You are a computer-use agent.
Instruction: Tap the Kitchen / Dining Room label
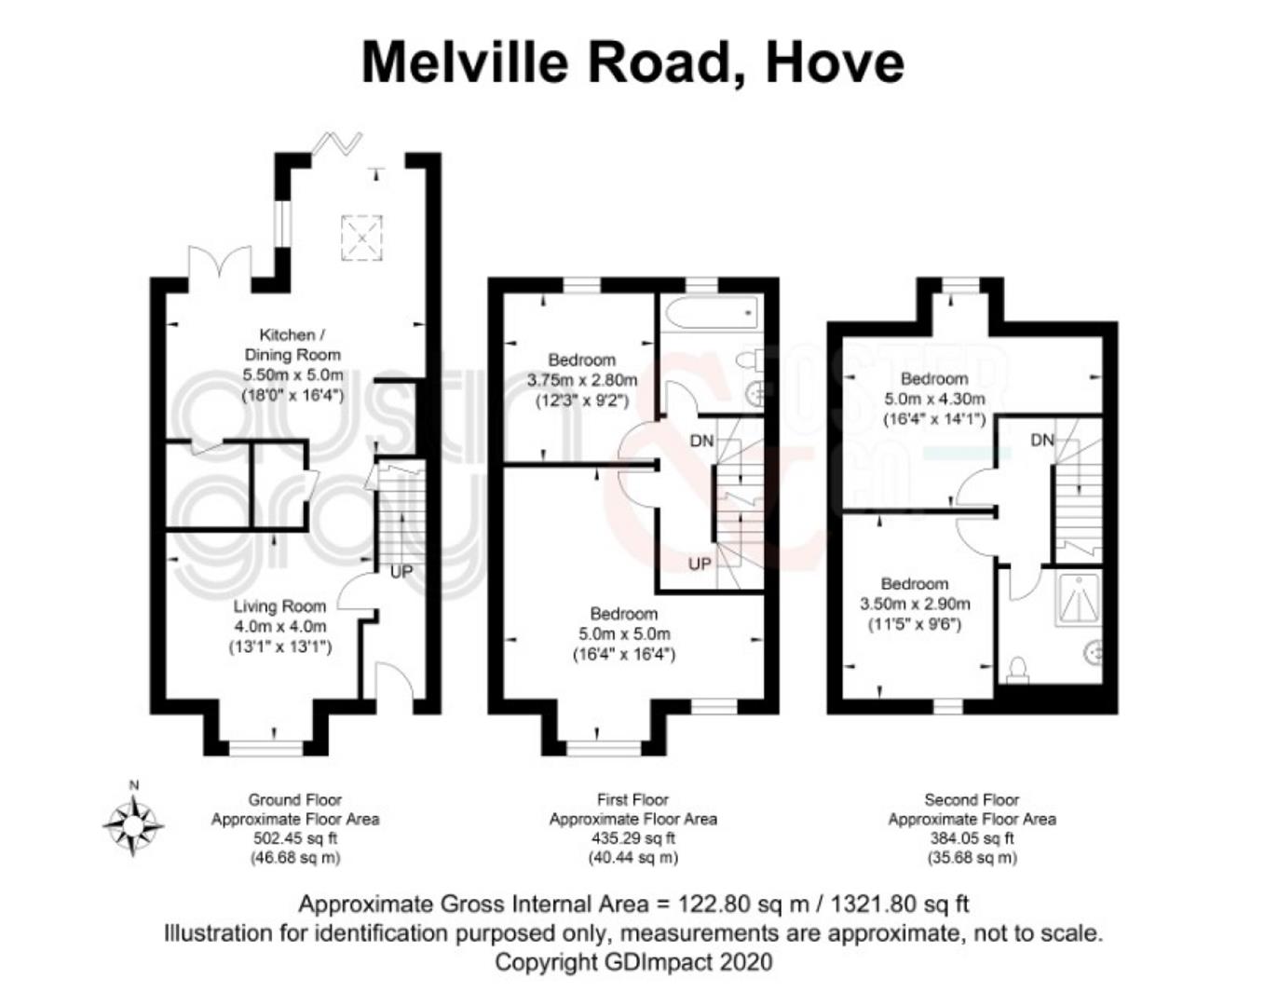(292, 345)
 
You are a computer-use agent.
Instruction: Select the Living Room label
(279, 606)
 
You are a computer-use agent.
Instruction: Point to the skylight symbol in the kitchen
(361, 238)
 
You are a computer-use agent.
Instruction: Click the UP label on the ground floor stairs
(401, 572)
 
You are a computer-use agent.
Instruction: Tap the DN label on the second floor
(1042, 440)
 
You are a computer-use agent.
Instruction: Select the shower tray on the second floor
(1079, 599)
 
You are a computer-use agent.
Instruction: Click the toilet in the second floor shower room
(1018, 670)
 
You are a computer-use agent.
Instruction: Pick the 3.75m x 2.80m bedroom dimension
(582, 380)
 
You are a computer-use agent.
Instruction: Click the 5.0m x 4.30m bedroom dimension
(934, 399)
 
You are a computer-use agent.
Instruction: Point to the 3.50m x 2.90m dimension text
(915, 605)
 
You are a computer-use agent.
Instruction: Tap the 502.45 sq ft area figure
(295, 838)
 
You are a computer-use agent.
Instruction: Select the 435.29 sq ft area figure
(633, 838)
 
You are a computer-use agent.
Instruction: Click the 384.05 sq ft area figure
(972, 838)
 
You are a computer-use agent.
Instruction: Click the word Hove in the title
(835, 62)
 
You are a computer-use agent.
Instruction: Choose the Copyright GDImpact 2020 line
(633, 962)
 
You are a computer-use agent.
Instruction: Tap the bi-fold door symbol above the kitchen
(336, 143)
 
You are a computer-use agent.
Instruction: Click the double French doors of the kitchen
(218, 262)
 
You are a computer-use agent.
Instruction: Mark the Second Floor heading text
(972, 800)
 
